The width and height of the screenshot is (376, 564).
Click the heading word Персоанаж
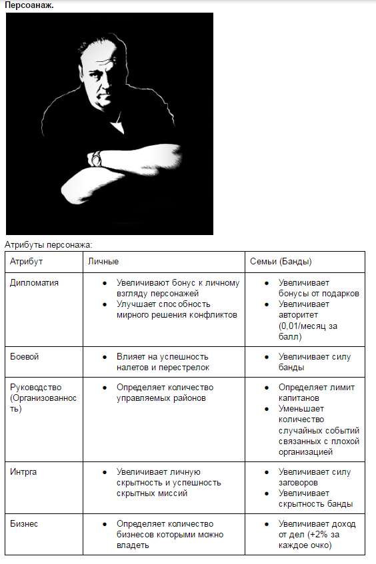pyautogui.click(x=29, y=5)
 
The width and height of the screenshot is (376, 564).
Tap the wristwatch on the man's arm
pyautogui.click(x=96, y=158)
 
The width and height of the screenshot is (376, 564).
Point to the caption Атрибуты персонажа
pyautogui.click(x=48, y=244)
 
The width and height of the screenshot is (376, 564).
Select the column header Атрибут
pyautogui.click(x=26, y=262)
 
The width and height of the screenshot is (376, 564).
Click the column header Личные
pyautogui.click(x=103, y=262)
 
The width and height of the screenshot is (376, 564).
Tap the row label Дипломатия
pyautogui.click(x=34, y=282)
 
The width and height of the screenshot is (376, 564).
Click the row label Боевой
pyautogui.click(x=24, y=356)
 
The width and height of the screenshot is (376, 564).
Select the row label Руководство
pyautogui.click(x=37, y=387)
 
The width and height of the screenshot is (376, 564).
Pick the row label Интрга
pyautogui.click(x=23, y=472)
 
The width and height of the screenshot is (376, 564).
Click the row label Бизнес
pyautogui.click(x=24, y=523)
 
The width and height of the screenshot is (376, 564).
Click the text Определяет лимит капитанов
pyautogui.click(x=317, y=392)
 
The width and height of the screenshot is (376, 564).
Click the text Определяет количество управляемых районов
pyautogui.click(x=164, y=392)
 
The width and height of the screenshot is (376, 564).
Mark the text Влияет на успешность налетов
pyautogui.click(x=163, y=362)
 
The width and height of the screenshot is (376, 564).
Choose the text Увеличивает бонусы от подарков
pyautogui.click(x=319, y=288)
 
